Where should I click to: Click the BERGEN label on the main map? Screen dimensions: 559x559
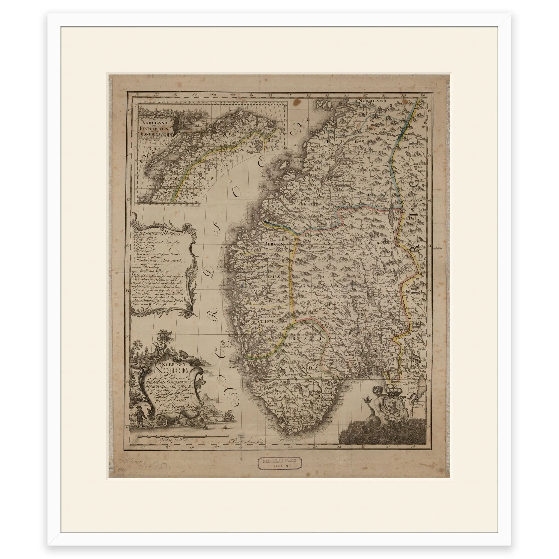tap(275, 244)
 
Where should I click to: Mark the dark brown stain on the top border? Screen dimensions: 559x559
tap(296, 103)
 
